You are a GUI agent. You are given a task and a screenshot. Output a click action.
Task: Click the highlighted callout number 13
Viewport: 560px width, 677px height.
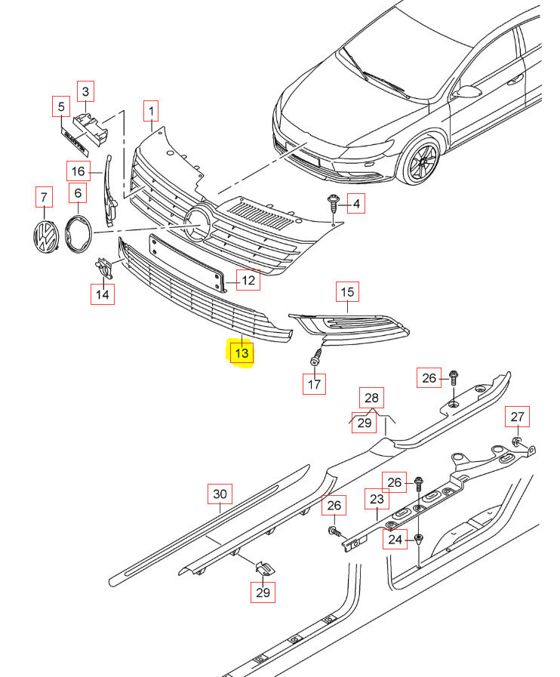[242, 352]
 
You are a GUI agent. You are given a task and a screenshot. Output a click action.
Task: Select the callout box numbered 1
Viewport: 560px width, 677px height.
[151, 112]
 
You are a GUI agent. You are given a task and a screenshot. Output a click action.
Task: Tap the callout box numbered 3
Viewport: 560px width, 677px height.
[85, 92]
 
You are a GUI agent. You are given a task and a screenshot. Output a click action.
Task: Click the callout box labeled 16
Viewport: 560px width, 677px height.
[78, 172]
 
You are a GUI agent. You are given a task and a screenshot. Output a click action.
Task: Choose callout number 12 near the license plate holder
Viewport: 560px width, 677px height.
[248, 282]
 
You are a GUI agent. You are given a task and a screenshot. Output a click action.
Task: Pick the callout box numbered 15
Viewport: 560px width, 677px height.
[347, 291]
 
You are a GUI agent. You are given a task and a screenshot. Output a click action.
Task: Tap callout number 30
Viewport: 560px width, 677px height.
[219, 495]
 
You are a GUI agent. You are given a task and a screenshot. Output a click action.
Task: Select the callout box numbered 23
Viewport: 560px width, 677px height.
[377, 500]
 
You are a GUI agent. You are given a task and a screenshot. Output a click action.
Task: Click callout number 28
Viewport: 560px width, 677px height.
[371, 398]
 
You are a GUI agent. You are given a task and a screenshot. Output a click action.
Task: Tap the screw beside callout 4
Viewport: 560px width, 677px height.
[332, 203]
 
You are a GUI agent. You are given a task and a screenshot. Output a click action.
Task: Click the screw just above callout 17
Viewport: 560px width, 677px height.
[318, 356]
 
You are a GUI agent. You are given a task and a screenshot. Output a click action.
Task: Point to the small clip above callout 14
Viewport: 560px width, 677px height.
[103, 266]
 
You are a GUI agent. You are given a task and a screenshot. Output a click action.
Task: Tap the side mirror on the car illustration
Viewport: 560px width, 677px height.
[467, 91]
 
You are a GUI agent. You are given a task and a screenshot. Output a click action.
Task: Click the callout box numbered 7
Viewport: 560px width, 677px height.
[45, 198]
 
